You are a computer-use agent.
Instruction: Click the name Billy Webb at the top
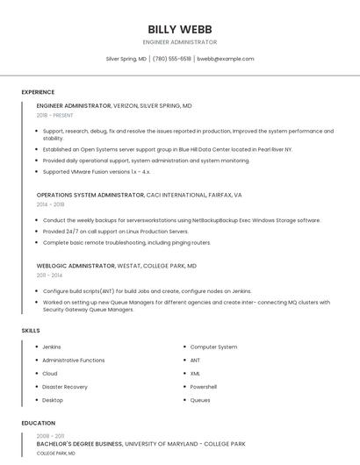[x=180, y=29]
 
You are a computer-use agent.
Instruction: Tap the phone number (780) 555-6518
[x=172, y=59]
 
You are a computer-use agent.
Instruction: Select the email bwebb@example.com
[x=226, y=59]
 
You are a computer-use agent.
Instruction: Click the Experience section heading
[x=38, y=92]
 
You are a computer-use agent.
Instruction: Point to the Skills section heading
[x=31, y=330]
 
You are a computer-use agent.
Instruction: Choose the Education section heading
[x=38, y=423]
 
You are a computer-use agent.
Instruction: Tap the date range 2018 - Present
[x=56, y=115]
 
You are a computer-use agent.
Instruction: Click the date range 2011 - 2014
[x=49, y=275]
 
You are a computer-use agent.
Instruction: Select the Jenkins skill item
[x=52, y=347]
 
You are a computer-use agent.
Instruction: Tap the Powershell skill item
[x=204, y=387]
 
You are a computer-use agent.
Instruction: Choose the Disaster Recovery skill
[x=65, y=387]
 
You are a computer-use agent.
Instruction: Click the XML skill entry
[x=196, y=374]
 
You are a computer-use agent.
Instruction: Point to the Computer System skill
[x=213, y=347]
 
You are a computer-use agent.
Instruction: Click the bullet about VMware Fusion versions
[x=97, y=171]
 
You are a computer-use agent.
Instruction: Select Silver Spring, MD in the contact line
[x=126, y=59]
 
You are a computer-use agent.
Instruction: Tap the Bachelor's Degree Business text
[x=80, y=445]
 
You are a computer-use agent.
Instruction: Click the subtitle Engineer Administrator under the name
[x=180, y=42]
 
